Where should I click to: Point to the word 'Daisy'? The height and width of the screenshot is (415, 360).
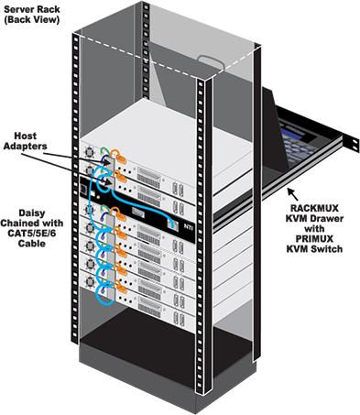coord(26,197)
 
